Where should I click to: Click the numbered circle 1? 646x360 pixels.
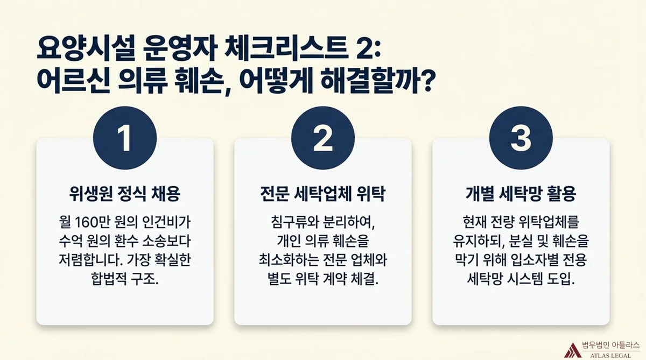click(x=125, y=138)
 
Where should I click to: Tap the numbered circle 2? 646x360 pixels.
click(x=322, y=138)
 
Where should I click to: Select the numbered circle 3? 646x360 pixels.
click(x=521, y=138)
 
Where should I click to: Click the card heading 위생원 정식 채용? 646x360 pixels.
click(x=125, y=194)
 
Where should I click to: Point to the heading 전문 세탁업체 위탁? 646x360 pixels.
click(x=322, y=194)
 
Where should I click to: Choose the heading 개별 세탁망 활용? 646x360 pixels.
click(x=521, y=194)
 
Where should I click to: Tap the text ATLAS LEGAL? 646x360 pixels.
click(x=610, y=356)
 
